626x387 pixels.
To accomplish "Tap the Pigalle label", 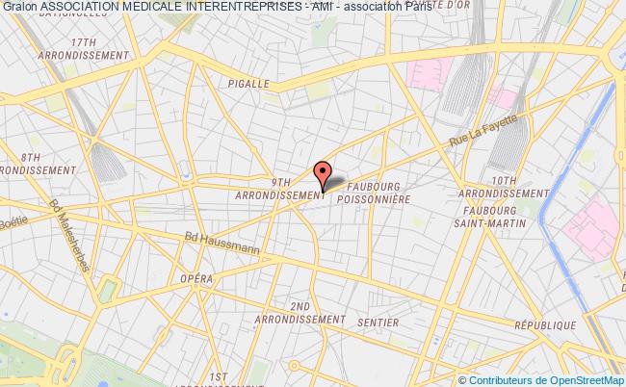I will coord(248,84).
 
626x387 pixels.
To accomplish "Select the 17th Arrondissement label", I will coord(85,49).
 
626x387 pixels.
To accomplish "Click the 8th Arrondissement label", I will coord(36,163).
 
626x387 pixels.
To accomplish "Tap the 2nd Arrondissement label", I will coord(300,313).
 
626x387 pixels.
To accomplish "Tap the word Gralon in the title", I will coord(19,7).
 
